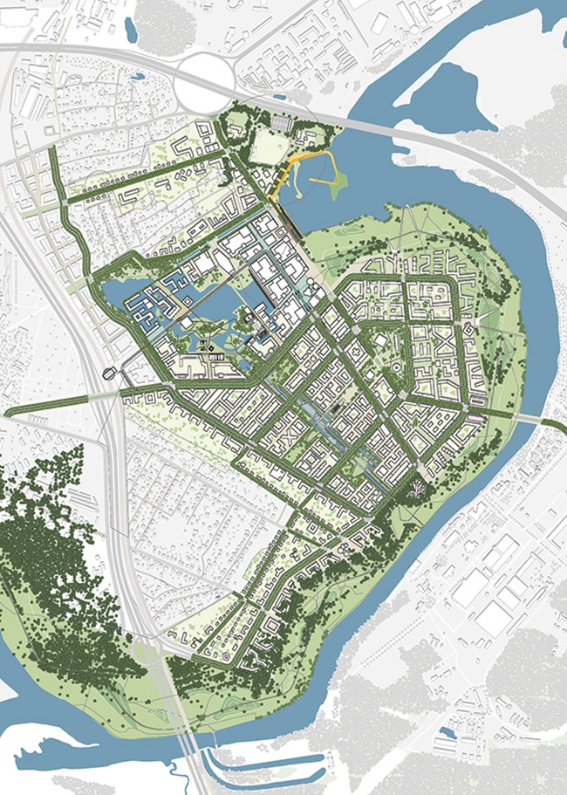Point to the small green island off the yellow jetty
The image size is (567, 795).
337,182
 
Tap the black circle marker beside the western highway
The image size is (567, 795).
108,374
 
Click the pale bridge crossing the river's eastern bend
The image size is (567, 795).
528,420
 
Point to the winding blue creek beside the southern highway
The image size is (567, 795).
178,773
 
